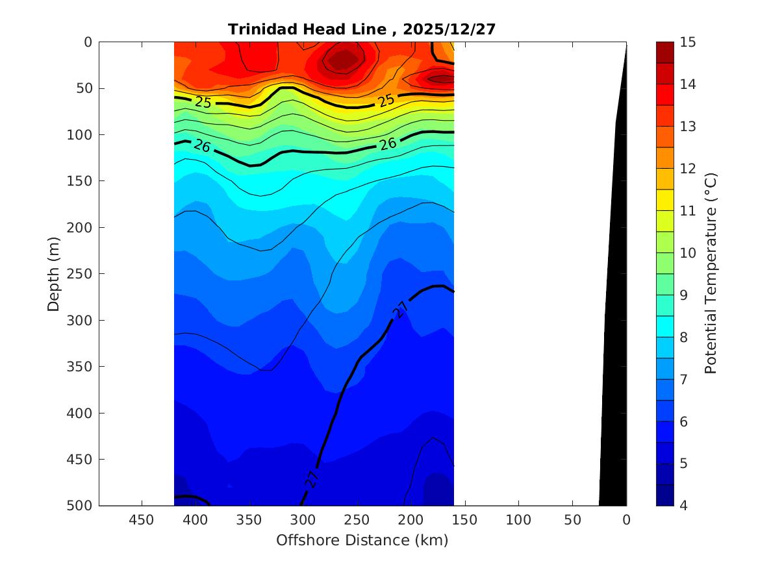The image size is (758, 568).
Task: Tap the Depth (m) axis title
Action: coord(54,273)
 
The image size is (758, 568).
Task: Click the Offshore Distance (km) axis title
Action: coord(362,540)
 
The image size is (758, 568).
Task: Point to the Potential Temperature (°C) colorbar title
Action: coord(710,273)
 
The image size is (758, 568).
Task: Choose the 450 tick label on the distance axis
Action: coord(142,520)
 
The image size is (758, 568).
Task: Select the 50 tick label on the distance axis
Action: coord(572,520)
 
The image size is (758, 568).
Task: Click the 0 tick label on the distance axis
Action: coord(626,520)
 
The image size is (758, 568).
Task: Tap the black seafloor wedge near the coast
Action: coord(614,357)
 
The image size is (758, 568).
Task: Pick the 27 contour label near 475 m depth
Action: coord(312,478)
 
